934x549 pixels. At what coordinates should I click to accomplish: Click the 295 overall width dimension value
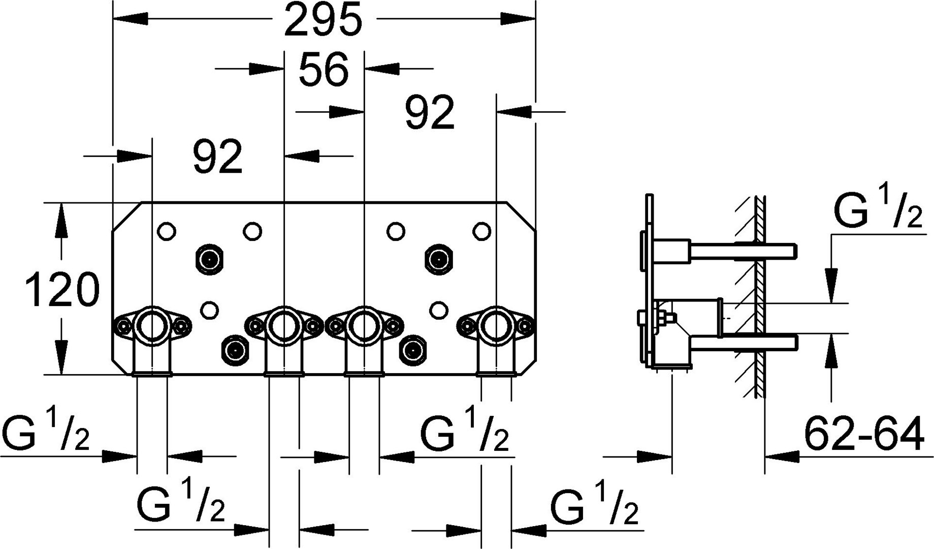(324, 20)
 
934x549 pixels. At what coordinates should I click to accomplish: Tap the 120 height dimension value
(62, 290)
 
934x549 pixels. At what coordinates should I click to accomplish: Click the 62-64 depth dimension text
(864, 434)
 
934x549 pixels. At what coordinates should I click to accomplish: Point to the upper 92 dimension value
(429, 113)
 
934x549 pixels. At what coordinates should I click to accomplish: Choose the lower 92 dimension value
(217, 158)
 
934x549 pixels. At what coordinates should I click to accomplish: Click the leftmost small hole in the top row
(167, 231)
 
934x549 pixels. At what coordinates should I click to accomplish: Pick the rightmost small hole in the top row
(481, 231)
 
